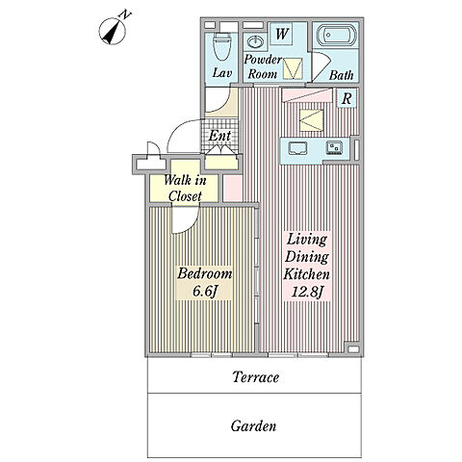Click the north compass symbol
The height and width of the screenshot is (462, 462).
tap(113, 31)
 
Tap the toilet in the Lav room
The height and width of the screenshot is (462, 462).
tap(222, 46)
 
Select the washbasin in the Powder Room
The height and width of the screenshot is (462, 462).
tap(255, 42)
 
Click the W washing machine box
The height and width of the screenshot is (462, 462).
tap(281, 34)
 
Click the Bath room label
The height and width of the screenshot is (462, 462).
tap(341, 75)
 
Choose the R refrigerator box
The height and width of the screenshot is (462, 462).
tap(346, 98)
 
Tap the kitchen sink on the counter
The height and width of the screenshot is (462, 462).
tap(297, 148)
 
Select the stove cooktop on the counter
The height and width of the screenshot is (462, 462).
tap(334, 148)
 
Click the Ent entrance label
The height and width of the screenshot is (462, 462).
tap(219, 136)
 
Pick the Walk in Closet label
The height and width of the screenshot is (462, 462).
tap(185, 188)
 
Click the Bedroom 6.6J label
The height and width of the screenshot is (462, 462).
tap(204, 282)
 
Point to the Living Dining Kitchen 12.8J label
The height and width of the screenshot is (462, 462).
tap(306, 266)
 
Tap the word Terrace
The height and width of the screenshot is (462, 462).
tap(255, 377)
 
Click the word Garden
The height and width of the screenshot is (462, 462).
tap(253, 426)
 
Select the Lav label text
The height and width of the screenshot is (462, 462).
tap(222, 73)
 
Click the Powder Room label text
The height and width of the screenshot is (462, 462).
tap(263, 66)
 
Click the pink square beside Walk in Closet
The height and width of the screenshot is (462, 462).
tap(232, 188)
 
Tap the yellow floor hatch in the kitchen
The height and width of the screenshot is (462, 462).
tap(311, 120)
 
